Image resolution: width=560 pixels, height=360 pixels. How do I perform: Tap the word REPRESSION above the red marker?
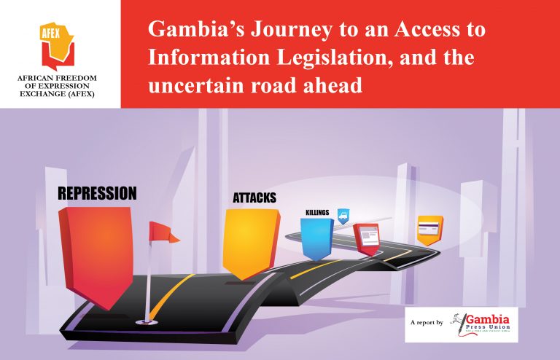coord(97,194)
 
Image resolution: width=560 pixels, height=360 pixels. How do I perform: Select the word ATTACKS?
coord(254,198)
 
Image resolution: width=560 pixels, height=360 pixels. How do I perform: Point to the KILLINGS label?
coord(317,213)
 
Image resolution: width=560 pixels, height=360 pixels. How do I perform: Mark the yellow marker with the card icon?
coord(429,229)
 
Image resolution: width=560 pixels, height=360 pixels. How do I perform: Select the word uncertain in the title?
coord(193,85)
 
